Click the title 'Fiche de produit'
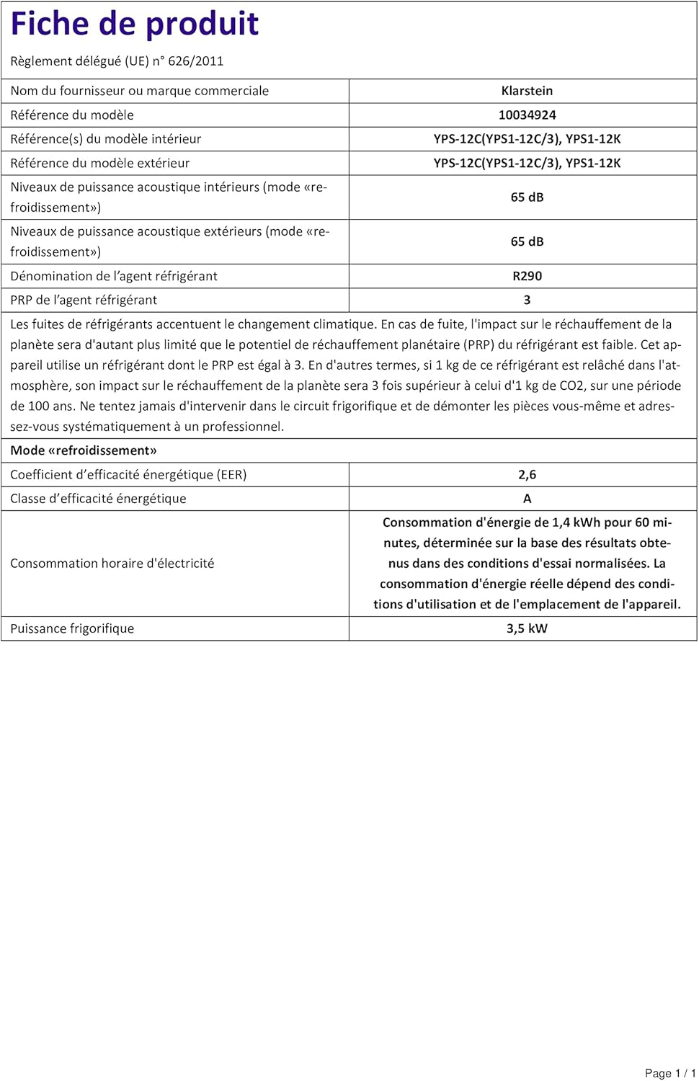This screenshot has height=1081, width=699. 134,25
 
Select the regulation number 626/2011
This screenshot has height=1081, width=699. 195,61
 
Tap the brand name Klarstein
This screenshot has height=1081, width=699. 527,91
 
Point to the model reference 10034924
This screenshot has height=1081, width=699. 527,115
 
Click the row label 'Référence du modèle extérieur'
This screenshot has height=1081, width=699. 100,164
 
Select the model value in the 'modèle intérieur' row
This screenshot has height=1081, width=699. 527,139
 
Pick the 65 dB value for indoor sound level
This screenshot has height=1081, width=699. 527,197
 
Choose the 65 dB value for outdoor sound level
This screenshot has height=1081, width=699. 527,242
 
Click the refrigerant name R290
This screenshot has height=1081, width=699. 527,277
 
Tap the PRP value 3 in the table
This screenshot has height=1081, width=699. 527,301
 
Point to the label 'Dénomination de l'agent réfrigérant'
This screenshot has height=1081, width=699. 114,277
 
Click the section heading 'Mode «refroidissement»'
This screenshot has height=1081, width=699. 84,451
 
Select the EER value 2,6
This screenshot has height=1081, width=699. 527,475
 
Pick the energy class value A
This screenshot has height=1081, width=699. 527,499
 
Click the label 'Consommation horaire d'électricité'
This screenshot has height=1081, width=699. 112,564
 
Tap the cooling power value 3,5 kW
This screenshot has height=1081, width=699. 527,629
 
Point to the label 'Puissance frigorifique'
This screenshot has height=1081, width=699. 72,629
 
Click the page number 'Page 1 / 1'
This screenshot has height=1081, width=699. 669,1073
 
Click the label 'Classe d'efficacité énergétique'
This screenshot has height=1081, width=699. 98,499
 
